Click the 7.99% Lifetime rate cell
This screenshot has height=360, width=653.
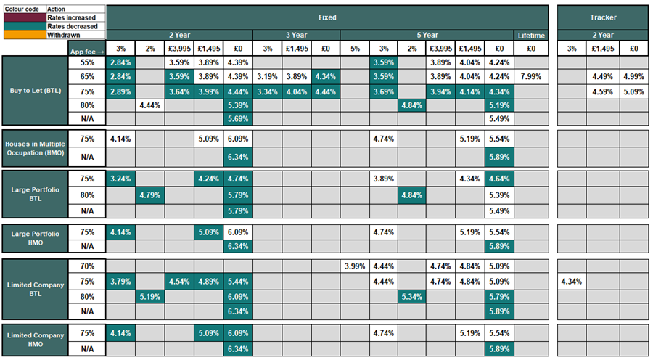click(x=529, y=76)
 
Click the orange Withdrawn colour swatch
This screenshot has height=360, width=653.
click(x=23, y=35)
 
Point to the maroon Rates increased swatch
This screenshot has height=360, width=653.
click(x=23, y=17)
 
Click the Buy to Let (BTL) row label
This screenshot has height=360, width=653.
click(x=34, y=91)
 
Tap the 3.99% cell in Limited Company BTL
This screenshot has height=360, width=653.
click(x=354, y=266)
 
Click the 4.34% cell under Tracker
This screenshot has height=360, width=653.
click(x=572, y=280)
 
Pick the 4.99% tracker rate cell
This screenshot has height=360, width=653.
click(x=633, y=76)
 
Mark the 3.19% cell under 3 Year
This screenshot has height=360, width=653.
click(x=267, y=76)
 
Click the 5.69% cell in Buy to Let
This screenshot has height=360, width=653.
click(x=238, y=118)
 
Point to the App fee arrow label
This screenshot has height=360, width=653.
click(x=86, y=50)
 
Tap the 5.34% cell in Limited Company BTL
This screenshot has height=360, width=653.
click(x=412, y=295)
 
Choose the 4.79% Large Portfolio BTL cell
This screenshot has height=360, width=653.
click(x=150, y=195)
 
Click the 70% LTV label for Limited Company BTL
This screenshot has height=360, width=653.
click(x=86, y=266)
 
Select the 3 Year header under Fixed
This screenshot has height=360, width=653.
click(x=296, y=35)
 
